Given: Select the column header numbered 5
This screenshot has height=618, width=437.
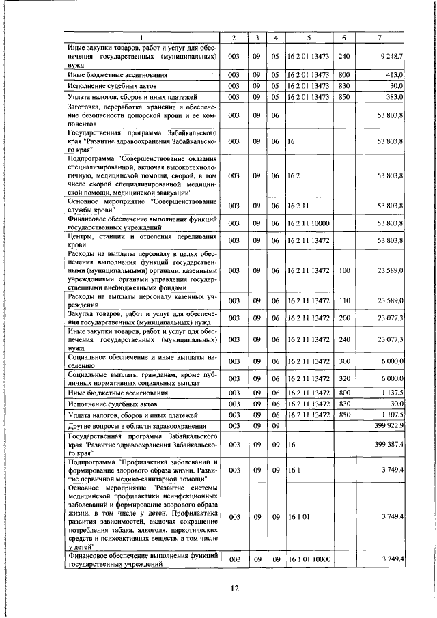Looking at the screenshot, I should click(309, 36).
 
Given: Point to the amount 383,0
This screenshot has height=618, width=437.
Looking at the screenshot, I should click(395, 98).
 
